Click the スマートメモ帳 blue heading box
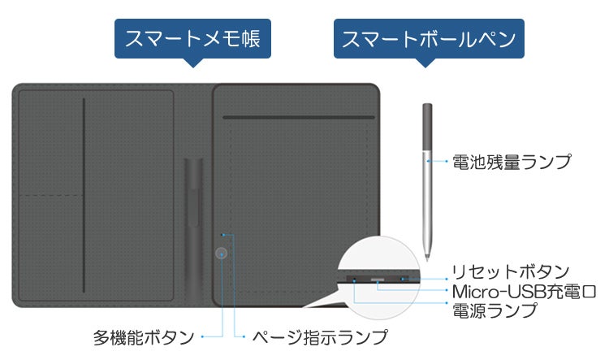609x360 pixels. pos(192,39)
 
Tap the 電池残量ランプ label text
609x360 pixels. pos(512,162)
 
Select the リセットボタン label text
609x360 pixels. pos(511,271)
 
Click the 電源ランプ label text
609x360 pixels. pos(495,310)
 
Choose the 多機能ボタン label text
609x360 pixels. pos(144,336)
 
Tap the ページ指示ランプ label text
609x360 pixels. pos(317,336)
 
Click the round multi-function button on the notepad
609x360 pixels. pos(221,253)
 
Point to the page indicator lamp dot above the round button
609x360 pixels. pos(222,236)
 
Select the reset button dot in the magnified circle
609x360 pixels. pos(404,280)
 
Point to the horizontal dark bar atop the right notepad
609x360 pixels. pos(298,117)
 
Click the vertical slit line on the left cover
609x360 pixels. pos(84,195)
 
